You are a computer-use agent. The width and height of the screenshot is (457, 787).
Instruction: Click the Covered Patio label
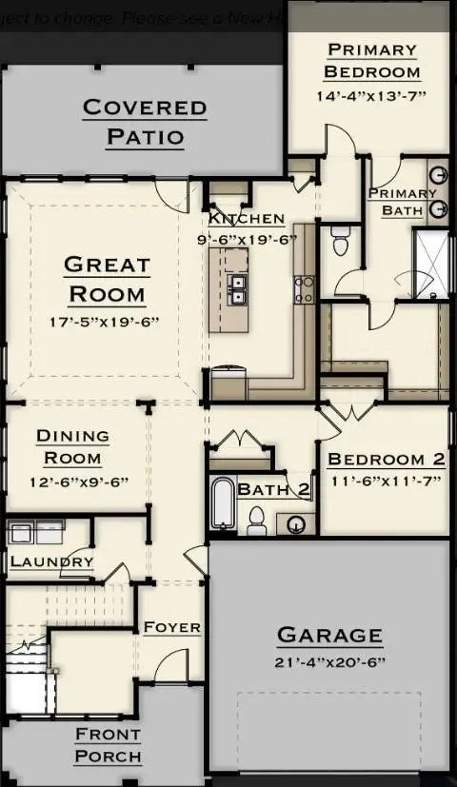tap(145, 122)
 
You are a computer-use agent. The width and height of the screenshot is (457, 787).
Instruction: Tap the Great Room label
tap(107, 279)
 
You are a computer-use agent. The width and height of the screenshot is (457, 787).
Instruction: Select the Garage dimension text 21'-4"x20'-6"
tap(329, 662)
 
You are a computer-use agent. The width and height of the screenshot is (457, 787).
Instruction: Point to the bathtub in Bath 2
tap(222, 503)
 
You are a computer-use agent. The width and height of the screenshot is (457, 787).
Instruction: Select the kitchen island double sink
tap(236, 287)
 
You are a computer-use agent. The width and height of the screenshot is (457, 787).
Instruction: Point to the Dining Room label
tap(72, 447)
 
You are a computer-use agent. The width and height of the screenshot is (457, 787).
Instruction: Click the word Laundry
tap(51, 562)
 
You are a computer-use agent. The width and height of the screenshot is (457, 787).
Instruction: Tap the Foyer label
tap(171, 628)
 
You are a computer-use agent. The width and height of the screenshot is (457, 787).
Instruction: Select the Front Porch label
tap(108, 746)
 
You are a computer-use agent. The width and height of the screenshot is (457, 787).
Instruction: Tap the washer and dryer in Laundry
tap(35, 531)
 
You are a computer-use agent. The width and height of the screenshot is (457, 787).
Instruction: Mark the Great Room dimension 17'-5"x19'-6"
tap(104, 322)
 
